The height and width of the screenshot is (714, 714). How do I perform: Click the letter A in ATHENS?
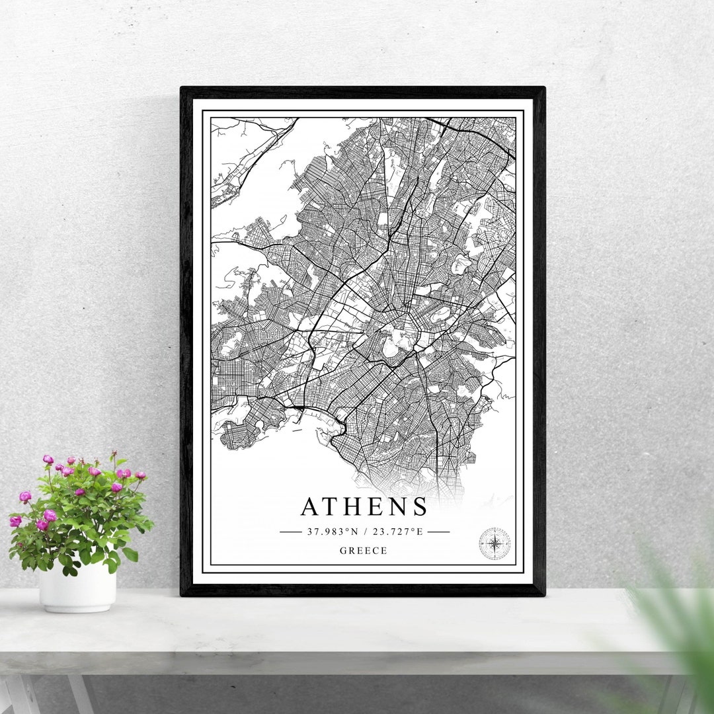coord(313,506)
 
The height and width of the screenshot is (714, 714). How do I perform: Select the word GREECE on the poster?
coord(364,551)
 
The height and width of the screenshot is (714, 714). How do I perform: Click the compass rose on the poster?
coord(495,543)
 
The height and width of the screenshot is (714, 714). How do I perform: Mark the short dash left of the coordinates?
coord(290,531)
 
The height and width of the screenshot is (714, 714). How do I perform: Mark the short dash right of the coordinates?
coord(438,531)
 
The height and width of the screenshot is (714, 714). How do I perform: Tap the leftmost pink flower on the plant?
coord(15,521)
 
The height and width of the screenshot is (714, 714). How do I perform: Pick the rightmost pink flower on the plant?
coord(140,475)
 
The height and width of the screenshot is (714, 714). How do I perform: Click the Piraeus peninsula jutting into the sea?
coord(241,433)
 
